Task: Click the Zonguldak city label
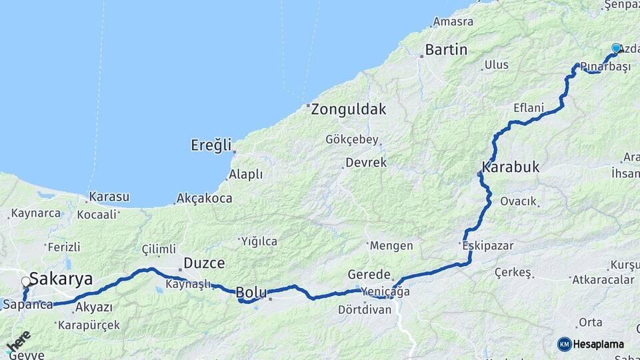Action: (349, 109)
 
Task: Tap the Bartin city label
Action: (446, 49)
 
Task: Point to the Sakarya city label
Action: (61, 279)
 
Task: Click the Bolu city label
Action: (251, 292)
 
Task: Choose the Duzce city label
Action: (204, 263)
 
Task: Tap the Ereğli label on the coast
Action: (211, 145)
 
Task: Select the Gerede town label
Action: (369, 275)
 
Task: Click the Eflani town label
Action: (529, 108)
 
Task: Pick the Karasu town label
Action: (109, 197)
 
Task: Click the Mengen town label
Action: (391, 245)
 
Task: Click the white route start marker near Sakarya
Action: (26, 282)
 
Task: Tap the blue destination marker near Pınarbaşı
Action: (617, 49)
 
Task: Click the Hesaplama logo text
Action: (597, 344)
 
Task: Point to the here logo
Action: (19, 341)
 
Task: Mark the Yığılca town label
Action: (259, 241)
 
